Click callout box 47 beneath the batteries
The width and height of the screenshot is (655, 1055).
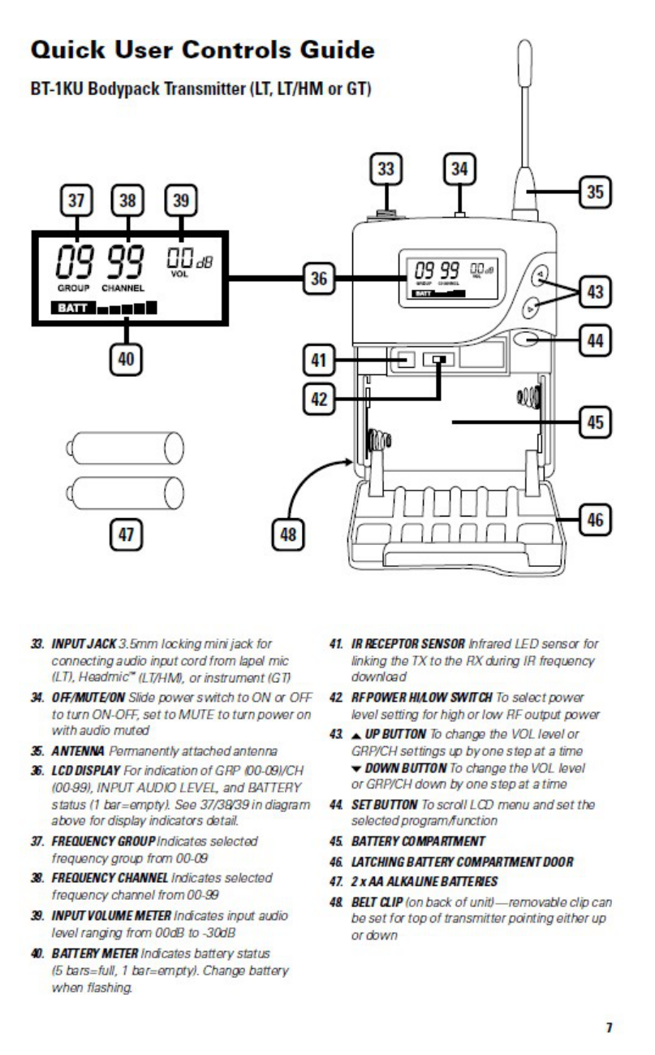pos(128,534)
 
